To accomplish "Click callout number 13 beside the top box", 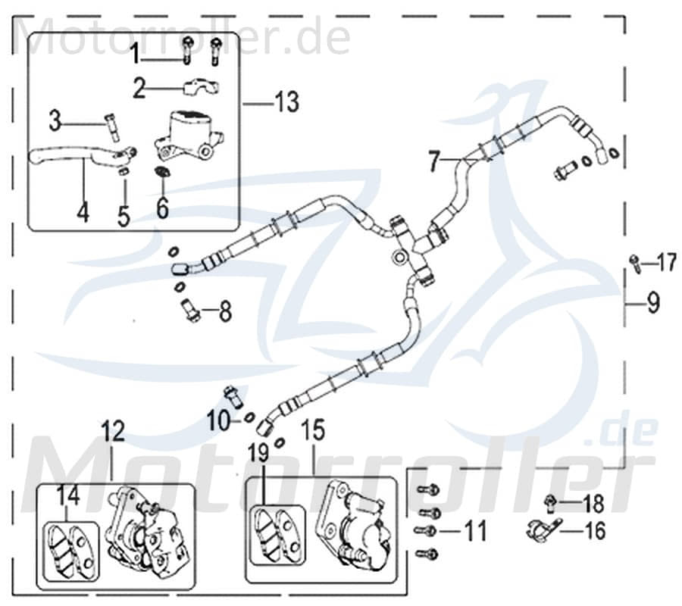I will click(286, 102).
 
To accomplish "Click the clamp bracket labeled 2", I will click(200, 87).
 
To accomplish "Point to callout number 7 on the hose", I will click(433, 161).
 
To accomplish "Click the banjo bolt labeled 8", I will click(189, 309).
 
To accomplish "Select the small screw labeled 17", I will click(633, 263).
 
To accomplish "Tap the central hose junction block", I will click(409, 246).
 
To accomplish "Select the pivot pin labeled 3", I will click(113, 125).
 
